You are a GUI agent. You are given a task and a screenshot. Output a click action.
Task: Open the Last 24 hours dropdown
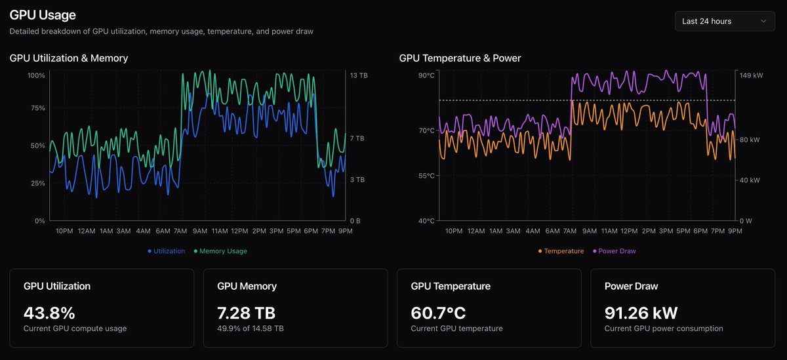pos(724,21)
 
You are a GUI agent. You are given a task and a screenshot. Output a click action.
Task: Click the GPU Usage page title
pos(43,14)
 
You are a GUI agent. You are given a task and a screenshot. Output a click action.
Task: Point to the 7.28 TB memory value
pos(246,313)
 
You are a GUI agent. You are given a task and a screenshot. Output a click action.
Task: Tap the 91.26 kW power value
pos(641,313)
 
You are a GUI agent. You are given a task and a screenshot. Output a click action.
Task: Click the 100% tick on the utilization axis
pos(36,75)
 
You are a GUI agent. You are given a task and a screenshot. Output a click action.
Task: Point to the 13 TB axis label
pos(359,75)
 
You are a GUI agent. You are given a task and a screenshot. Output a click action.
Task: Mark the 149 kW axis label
pos(751,75)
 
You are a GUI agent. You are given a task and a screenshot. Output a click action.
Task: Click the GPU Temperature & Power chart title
pos(460,58)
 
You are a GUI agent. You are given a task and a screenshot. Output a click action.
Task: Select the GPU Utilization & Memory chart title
pos(69,58)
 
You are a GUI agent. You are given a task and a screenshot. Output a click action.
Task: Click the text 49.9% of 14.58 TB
pos(251,329)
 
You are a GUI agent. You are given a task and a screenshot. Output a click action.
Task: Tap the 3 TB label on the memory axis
pos(357,180)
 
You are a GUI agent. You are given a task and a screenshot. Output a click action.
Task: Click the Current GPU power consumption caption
pos(664,329)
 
